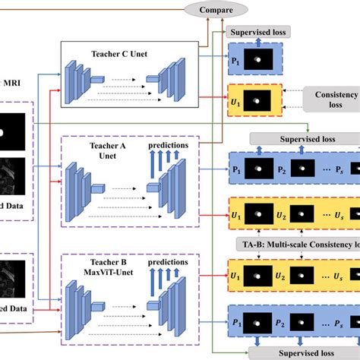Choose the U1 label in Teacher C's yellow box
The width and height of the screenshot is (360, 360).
[236, 101]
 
